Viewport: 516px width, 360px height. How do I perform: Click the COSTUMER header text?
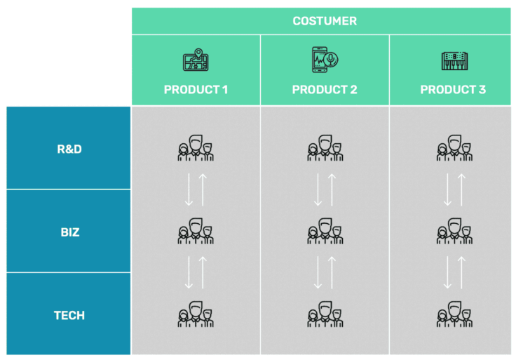(324, 21)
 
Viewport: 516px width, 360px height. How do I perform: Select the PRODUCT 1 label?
(196, 90)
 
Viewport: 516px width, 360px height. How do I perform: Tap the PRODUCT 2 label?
(325, 90)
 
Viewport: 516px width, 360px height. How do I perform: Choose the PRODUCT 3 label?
(453, 90)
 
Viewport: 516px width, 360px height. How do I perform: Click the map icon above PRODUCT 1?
(196, 61)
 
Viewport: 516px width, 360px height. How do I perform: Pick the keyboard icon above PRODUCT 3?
(454, 62)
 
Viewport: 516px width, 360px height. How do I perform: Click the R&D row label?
(69, 149)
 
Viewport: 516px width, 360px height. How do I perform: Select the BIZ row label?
(69, 232)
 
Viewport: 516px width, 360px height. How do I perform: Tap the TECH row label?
(69, 315)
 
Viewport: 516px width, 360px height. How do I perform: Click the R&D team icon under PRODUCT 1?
(196, 148)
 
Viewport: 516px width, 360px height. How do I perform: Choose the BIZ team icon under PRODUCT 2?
(325, 231)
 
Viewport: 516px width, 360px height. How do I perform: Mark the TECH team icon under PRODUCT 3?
(454, 314)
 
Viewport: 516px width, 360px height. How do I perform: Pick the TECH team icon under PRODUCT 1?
(196, 314)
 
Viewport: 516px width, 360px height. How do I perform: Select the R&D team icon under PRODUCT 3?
(454, 148)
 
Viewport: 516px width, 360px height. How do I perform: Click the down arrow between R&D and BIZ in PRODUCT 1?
(189, 189)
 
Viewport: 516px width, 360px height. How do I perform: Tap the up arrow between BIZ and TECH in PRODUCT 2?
(332, 272)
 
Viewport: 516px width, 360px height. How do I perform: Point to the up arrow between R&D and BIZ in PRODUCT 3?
(461, 189)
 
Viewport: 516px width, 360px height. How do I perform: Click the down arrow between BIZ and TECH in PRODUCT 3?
(447, 272)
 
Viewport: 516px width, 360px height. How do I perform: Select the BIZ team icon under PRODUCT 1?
(196, 231)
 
